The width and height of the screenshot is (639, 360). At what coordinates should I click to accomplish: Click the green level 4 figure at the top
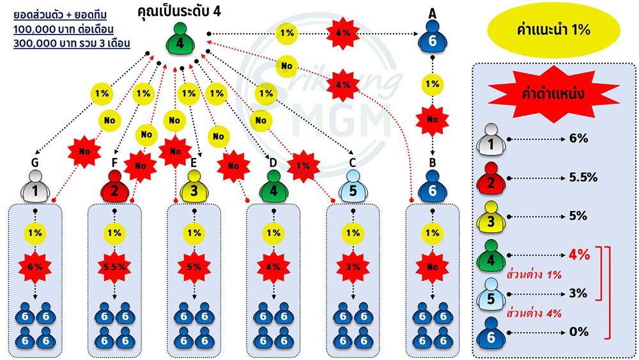[180, 39]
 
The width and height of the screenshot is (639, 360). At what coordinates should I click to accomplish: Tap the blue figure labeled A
[433, 36]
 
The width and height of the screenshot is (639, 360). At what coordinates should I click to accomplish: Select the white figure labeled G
[35, 186]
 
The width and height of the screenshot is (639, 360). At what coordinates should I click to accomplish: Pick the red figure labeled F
[114, 186]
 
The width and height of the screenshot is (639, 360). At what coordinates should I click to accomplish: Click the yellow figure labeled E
[194, 186]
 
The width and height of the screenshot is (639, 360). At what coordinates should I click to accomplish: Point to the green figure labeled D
[273, 186]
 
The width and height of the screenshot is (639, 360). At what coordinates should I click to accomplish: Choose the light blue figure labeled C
[353, 186]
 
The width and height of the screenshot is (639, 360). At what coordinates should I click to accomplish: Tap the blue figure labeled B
[433, 186]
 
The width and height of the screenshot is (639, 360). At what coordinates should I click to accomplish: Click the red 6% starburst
[35, 267]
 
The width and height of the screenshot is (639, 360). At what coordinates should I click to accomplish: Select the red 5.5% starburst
[114, 267]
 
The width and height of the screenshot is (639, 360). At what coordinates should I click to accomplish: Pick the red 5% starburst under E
[194, 267]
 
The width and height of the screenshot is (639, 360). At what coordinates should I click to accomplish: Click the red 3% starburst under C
[353, 267]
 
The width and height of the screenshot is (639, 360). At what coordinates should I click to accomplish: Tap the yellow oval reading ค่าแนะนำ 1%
[554, 30]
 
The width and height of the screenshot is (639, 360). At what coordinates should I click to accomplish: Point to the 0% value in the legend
[579, 332]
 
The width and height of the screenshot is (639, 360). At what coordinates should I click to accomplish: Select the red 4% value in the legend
[579, 254]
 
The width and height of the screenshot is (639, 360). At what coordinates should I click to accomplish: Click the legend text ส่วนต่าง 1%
[534, 275]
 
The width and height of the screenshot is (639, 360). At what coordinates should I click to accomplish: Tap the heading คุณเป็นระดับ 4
[180, 11]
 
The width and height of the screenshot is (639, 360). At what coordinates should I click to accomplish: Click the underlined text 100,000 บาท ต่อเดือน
[63, 29]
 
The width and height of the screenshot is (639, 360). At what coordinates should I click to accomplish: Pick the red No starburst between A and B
[433, 120]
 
